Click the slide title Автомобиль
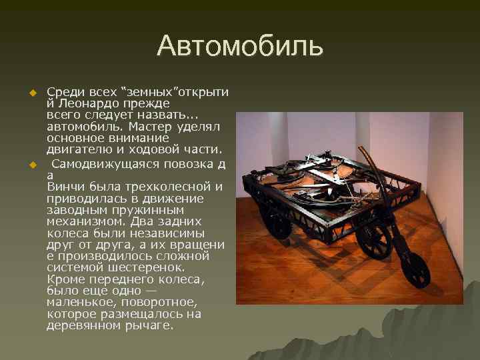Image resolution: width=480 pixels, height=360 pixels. [x=240, y=46]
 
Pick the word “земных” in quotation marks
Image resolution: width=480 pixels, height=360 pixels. [x=145, y=92]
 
